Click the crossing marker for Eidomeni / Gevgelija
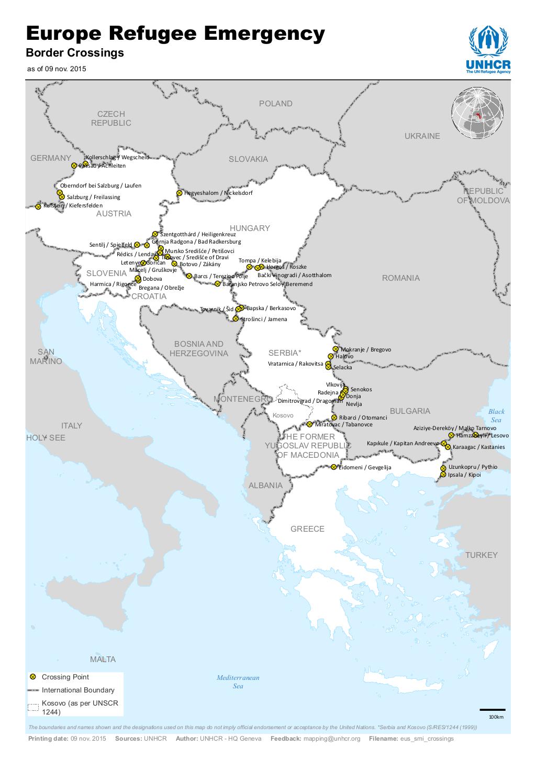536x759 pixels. (x=334, y=467)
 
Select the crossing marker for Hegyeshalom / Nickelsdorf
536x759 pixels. (x=179, y=193)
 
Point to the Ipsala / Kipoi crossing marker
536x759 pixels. (x=444, y=475)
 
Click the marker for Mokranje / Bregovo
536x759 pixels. (x=336, y=349)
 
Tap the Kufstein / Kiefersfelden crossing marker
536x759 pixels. (x=38, y=206)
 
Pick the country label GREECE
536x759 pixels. (x=307, y=529)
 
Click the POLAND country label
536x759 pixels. (x=275, y=104)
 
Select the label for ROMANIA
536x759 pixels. (x=400, y=278)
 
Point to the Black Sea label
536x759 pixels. (x=496, y=415)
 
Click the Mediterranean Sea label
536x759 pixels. (x=238, y=681)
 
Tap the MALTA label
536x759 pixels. (x=103, y=659)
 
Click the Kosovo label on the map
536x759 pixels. (x=283, y=415)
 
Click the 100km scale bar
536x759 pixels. (x=492, y=710)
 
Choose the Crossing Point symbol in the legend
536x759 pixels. (x=33, y=677)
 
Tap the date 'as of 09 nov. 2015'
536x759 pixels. (x=57, y=69)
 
